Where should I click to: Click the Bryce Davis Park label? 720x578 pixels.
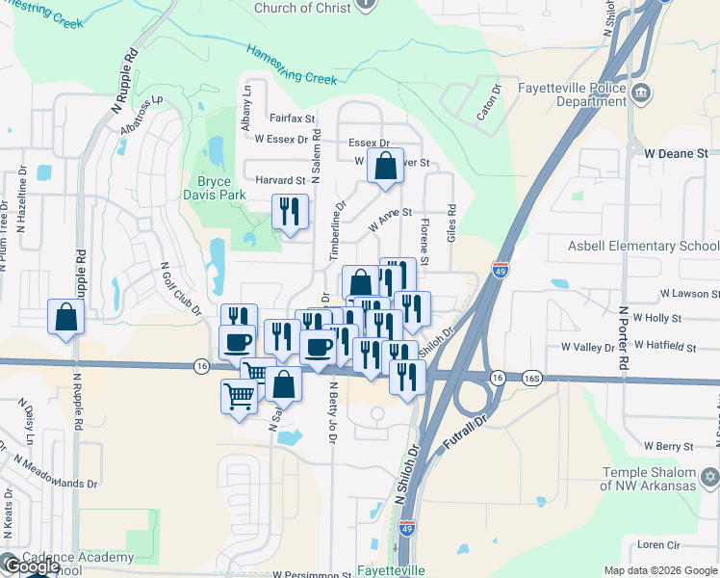[x=221, y=189]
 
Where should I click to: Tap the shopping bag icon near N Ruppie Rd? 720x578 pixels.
[x=65, y=317]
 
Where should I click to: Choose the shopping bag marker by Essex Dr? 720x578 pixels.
[x=385, y=166]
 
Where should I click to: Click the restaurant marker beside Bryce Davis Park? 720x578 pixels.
[x=290, y=211]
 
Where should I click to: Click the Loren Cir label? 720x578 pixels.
[x=660, y=544]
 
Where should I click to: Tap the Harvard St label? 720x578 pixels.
[x=280, y=180]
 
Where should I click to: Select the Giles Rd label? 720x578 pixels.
[x=450, y=227]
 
